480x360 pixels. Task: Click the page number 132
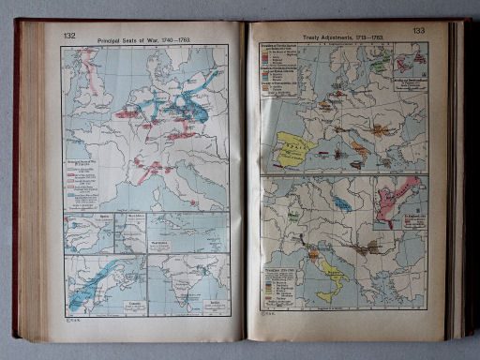coord(69,36)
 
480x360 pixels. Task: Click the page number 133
coord(418,31)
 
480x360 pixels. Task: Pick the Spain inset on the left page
coord(87,233)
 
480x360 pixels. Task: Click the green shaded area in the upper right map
coord(378,66)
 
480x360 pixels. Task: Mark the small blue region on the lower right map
coord(342,203)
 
